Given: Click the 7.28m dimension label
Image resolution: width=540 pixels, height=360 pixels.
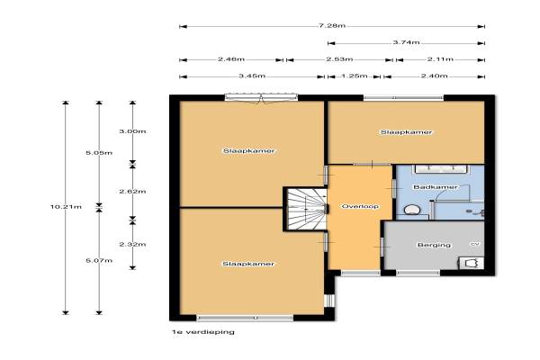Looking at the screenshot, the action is point(332,26).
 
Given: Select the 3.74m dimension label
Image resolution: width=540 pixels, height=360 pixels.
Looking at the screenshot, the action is point(406,42).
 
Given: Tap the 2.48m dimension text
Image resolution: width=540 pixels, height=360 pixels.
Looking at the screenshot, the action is point(231,59).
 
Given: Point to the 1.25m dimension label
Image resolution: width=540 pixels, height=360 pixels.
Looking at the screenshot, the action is point(355,76).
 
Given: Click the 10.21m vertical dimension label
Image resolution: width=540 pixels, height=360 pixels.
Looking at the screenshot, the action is point(66,207).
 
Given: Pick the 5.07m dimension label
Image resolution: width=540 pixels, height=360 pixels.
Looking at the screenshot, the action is point(99,261).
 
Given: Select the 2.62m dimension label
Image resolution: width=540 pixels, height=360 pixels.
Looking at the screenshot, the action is point(132,192).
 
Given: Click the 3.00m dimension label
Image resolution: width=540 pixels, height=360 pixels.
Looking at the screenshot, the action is point(132,131).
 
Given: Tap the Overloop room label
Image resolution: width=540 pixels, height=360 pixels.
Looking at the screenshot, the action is point(360,207).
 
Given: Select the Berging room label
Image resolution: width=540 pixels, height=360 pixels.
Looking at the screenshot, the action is point(434,246).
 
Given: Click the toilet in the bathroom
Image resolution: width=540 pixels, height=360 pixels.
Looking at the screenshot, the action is point(411,210).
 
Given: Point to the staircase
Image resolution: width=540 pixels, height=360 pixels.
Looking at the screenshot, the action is point(307,209).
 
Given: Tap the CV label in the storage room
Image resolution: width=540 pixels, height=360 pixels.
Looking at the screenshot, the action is point(475,244).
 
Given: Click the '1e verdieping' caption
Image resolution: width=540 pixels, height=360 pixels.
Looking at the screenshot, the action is point(203,332).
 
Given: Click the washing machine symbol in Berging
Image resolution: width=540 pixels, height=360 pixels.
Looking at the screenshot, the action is point(472,263).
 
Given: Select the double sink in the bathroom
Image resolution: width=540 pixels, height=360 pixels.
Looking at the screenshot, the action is point(442,169).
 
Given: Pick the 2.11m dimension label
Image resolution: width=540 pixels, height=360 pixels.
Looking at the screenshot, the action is point(440,59).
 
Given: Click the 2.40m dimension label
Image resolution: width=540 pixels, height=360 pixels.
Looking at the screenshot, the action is point(435,76).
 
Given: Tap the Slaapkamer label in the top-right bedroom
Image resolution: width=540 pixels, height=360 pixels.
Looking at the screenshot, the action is point(406,132).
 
